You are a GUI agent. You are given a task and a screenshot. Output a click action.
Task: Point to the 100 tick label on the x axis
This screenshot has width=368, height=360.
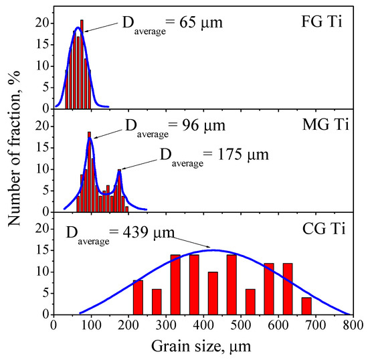coord(90,326)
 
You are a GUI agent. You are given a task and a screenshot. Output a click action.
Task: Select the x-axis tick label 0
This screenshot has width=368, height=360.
coord(54,326)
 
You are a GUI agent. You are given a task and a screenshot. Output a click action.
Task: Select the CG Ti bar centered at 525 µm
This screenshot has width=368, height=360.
coord(250,302)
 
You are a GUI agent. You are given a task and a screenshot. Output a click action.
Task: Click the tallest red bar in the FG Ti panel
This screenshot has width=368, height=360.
coord(82,64)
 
